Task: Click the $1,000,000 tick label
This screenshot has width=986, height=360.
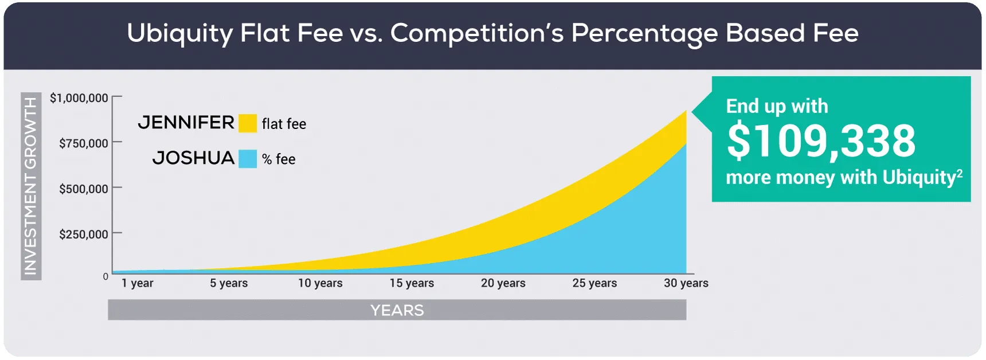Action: [x=79, y=98]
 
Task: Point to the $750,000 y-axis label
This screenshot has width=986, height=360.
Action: [x=84, y=143]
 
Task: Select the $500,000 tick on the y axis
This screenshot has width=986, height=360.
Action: [x=84, y=189]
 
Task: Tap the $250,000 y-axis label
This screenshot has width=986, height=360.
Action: [x=84, y=234]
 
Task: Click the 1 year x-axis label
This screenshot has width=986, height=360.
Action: [x=138, y=283]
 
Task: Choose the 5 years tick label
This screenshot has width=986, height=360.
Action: [x=229, y=283]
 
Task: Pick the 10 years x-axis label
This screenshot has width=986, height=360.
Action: [x=320, y=283]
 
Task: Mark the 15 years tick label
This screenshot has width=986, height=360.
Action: [x=412, y=283]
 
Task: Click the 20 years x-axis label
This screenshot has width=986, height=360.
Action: [x=503, y=283]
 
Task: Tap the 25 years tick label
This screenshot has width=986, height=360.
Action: [x=594, y=283]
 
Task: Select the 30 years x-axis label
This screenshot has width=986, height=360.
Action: [x=686, y=283]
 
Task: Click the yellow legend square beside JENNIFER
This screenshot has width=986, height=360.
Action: [x=248, y=123]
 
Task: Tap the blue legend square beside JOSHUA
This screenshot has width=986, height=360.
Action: [x=248, y=159]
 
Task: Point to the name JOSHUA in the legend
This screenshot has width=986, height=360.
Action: [x=193, y=158]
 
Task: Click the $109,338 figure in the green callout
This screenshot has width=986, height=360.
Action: [x=821, y=141]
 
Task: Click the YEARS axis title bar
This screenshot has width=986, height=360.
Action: [x=397, y=310]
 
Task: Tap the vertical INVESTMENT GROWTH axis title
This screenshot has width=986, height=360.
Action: [x=30, y=186]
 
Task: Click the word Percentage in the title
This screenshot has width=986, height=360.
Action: [x=644, y=33]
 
